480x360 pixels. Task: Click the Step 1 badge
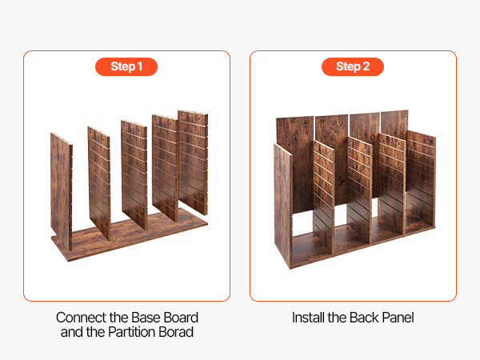click(126, 66)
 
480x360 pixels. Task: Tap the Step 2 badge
click(353, 66)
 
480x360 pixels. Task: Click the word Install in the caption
click(308, 318)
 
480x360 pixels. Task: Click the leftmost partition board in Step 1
click(62, 191)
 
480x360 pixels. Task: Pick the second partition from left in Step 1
click(99, 183)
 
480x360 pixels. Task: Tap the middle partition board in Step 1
click(134, 174)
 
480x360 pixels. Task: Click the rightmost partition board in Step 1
click(193, 162)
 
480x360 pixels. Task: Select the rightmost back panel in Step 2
click(394, 122)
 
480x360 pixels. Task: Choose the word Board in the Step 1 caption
click(182, 318)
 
